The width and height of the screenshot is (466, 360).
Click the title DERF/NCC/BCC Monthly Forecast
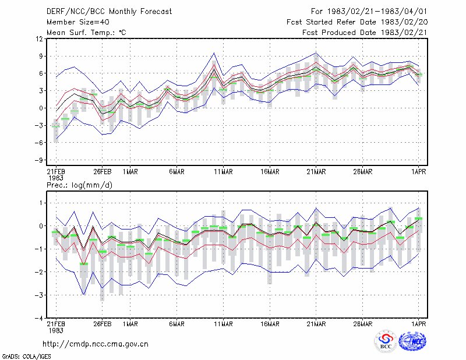(109, 12)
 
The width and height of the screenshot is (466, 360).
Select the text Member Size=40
(78, 22)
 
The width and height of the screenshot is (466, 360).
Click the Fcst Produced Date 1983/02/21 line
(365, 33)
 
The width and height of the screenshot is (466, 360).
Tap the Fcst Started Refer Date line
(357, 22)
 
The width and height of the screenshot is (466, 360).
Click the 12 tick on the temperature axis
(40, 39)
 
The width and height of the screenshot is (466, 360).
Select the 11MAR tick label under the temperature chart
(223, 172)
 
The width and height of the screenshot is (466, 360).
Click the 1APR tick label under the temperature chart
(418, 172)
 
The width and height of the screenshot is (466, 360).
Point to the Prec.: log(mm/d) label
(79, 185)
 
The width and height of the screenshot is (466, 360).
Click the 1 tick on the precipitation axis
(41, 203)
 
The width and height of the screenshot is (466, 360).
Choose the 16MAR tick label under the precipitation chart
(270, 324)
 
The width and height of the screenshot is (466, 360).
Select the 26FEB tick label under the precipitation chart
(103, 324)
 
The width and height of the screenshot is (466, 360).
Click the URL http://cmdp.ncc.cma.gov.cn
(96, 344)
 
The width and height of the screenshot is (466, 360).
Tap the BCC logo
(386, 341)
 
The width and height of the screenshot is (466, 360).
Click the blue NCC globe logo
(412, 341)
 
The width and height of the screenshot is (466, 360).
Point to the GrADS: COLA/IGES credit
(26, 357)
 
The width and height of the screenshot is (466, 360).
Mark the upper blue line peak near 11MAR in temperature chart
(214, 53)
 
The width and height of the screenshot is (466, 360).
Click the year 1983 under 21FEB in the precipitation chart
(56, 330)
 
